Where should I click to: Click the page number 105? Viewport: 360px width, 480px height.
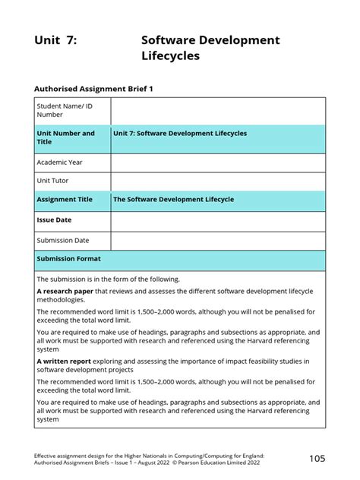point(317,458)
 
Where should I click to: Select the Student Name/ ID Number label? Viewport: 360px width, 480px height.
point(60,110)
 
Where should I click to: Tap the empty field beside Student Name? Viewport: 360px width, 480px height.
point(218,110)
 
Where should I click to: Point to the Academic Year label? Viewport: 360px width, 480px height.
point(59,163)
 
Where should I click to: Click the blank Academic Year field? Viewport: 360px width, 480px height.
point(218,163)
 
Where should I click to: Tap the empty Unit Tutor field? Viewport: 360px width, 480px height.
point(218,181)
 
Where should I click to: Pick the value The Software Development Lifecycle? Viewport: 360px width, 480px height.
point(173,200)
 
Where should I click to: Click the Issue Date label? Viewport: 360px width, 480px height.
point(53,221)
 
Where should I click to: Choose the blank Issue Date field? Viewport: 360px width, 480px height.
point(218,221)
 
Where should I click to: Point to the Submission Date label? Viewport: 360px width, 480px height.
point(63,241)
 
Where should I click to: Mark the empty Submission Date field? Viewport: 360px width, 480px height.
point(218,241)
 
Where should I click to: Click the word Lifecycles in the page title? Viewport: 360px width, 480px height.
point(170,56)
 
